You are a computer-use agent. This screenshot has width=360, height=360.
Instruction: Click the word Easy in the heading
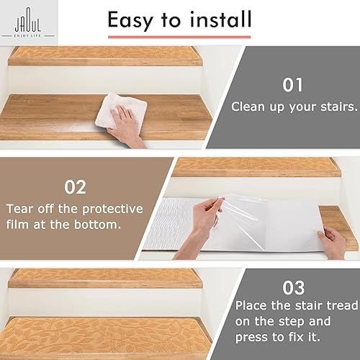[x=137, y=20]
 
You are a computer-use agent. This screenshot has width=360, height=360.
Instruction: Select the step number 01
[x=292, y=86]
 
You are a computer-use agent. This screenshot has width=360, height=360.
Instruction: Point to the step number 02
[x=76, y=187]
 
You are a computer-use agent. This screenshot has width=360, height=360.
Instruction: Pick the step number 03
[x=292, y=289]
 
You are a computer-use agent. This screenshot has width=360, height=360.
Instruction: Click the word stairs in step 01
[x=336, y=106]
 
